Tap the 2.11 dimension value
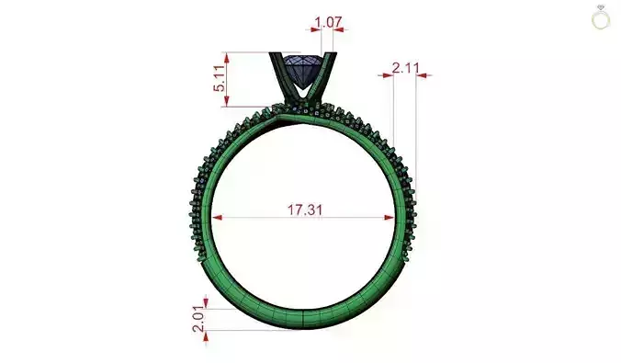(x=404, y=67)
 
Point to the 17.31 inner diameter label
(x=304, y=210)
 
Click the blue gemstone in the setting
(x=304, y=69)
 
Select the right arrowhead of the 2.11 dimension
(x=421, y=75)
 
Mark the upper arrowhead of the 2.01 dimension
(x=207, y=302)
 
